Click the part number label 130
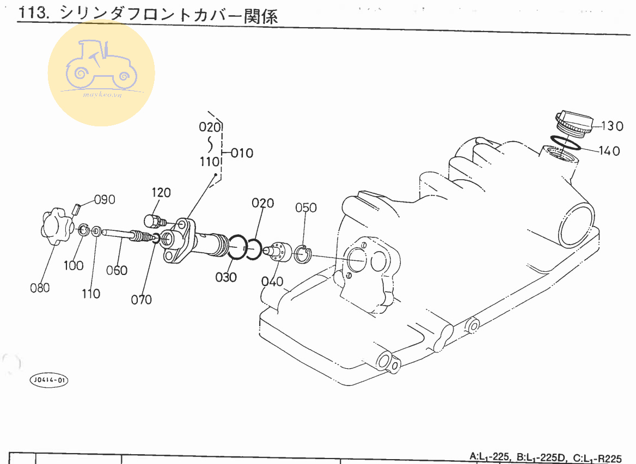(613, 126)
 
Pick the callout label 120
(161, 192)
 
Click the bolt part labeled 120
(153, 221)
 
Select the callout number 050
(306, 207)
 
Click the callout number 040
(272, 282)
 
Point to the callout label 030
(226, 277)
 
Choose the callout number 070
(142, 300)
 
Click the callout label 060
(117, 271)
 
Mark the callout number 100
(74, 266)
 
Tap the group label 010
(242, 153)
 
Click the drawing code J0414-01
(50, 380)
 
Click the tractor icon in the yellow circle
(101, 68)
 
